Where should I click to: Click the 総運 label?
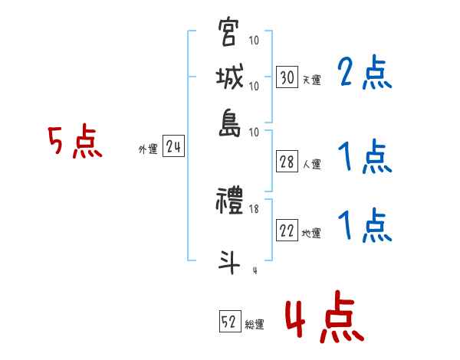[255, 324]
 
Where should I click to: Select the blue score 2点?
[365, 74]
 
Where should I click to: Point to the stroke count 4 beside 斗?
[254, 269]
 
